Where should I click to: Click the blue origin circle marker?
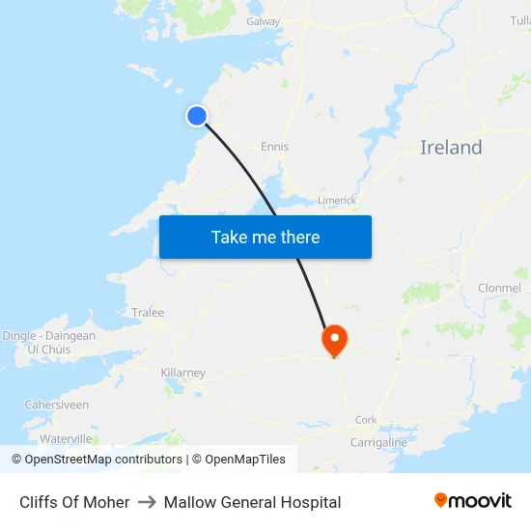click(x=197, y=116)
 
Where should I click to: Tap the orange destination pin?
click(x=334, y=339)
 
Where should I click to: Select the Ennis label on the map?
click(x=274, y=147)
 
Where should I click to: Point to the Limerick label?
click(x=337, y=201)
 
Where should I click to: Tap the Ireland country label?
click(x=451, y=148)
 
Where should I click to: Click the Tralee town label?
click(x=148, y=313)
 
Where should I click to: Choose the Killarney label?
click(x=182, y=373)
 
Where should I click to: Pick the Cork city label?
click(x=366, y=420)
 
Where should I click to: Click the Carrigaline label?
click(x=378, y=442)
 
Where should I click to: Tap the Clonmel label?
click(x=499, y=288)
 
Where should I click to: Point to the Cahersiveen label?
click(x=56, y=405)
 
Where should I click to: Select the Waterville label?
click(x=66, y=438)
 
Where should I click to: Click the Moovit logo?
click(x=473, y=501)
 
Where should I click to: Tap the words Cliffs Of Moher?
click(x=74, y=502)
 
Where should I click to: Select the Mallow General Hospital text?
click(x=252, y=502)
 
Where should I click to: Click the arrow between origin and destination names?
click(x=147, y=502)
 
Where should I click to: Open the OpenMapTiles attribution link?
click(x=238, y=460)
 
